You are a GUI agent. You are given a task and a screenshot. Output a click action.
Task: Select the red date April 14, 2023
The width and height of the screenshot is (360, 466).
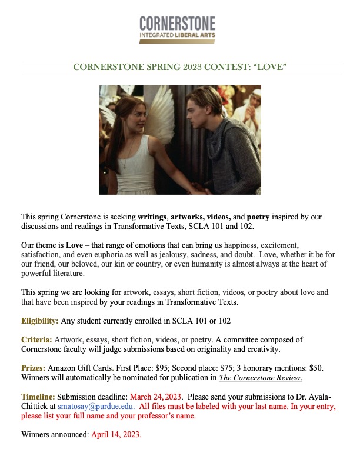(116, 435)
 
